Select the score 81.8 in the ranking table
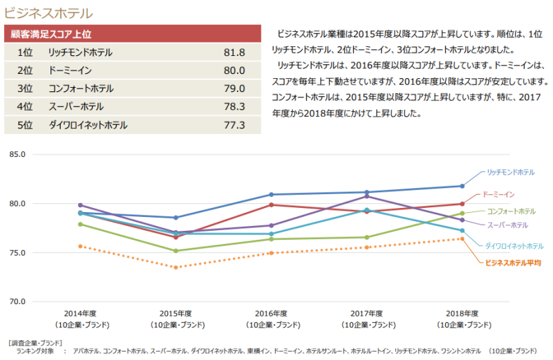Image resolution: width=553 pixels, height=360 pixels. tap(234, 53)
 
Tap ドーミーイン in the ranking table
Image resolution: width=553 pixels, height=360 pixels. tap(71, 70)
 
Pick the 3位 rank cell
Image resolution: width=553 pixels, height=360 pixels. tap(26, 88)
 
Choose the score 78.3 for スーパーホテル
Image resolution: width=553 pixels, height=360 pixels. tap(234, 106)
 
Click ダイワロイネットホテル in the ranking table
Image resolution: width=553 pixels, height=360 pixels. tap(88, 125)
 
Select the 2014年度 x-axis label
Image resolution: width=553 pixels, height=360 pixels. tap(80, 313)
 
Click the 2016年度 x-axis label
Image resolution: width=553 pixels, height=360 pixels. tap(271, 313)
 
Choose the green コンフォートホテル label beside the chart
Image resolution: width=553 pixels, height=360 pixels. tap(511, 211)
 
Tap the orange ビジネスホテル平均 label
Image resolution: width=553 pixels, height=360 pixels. tap(513, 263)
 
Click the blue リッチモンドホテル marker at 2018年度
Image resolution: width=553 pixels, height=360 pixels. tap(462, 186)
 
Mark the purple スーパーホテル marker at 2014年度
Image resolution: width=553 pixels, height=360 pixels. tap(80, 205)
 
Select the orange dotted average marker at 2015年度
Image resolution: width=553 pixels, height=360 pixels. tap(176, 267)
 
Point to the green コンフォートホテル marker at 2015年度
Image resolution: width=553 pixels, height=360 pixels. tap(176, 251)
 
